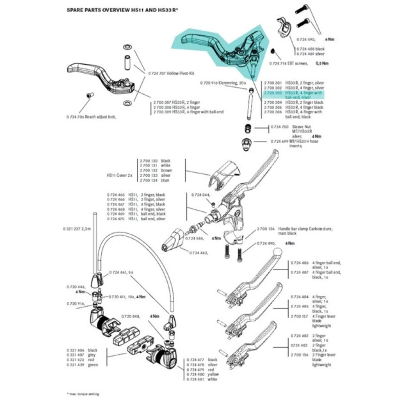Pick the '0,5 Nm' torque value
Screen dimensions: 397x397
coord(325,64)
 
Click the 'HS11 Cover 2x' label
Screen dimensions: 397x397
coord(120,174)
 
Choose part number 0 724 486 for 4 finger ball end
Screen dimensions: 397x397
coord(300,263)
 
